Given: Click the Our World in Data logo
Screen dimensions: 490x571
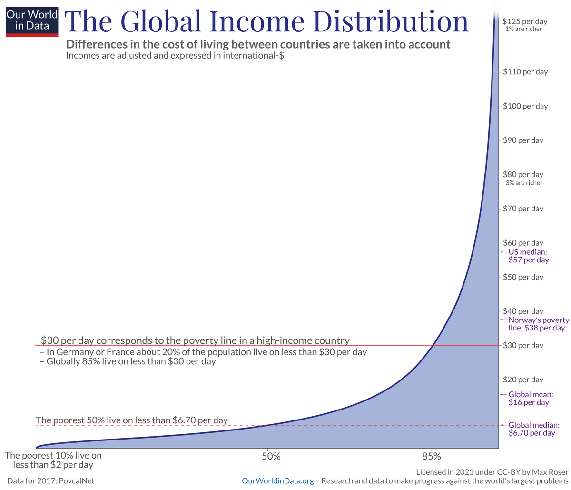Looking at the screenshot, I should click(x=32, y=20).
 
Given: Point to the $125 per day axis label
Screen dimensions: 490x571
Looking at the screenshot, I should click(x=525, y=21).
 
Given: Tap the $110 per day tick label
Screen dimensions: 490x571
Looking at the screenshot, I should click(x=525, y=72).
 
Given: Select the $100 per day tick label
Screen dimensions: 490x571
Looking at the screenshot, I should click(x=525, y=106).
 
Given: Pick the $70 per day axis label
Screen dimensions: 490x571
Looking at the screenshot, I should click(x=523, y=209).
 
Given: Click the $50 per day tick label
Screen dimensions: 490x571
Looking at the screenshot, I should click(x=523, y=277).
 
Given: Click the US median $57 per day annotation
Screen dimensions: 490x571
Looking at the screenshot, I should click(x=529, y=256).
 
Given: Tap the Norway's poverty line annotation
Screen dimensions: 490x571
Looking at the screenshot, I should click(x=536, y=324).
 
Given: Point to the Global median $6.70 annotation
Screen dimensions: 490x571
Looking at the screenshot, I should click(x=533, y=429).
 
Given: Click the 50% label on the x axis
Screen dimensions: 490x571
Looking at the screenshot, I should click(x=271, y=456).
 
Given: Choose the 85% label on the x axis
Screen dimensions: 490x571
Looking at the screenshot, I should click(x=432, y=456).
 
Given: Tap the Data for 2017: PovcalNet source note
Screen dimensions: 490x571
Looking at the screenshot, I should click(x=51, y=481).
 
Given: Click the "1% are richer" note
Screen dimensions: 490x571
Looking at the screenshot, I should click(x=524, y=30).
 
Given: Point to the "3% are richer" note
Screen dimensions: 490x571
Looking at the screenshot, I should click(x=524, y=183).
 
